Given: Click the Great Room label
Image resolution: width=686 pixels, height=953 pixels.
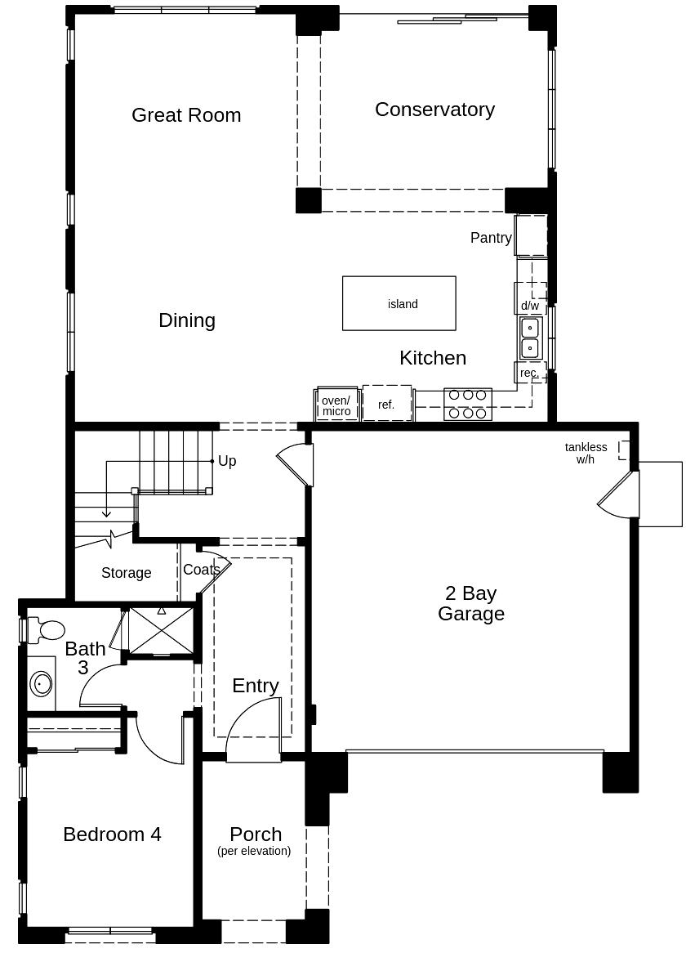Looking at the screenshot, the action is tap(186, 115).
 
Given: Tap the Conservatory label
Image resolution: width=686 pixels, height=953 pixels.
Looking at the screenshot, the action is tap(434, 110).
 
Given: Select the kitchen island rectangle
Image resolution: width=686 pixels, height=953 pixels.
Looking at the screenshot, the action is tap(399, 303).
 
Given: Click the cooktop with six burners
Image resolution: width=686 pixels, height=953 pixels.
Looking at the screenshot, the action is tap(467, 405).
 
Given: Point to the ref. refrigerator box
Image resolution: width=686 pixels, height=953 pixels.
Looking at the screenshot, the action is tap(387, 403).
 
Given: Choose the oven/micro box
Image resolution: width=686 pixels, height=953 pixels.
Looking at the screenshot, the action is tap(337, 405).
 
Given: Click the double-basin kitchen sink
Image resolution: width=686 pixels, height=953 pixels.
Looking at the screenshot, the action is tap(530, 338).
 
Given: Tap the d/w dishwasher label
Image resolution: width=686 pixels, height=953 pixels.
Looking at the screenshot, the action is tap(530, 305).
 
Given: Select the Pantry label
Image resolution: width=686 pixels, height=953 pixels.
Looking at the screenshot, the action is tap(491, 238).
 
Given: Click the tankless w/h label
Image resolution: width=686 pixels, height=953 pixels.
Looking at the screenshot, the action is tap(586, 453).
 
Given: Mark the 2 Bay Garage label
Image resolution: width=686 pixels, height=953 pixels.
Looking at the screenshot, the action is tap(471, 603).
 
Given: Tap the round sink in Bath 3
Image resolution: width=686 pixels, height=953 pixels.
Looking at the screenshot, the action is tap(42, 684).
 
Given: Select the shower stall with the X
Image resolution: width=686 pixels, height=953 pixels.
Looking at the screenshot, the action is tap(162, 630).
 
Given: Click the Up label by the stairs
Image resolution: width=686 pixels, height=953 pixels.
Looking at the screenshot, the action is tap(227, 461).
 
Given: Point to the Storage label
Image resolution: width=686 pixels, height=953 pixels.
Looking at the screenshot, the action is tap(127, 572).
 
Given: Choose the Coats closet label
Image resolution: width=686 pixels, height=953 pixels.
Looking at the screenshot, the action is tap(201, 570).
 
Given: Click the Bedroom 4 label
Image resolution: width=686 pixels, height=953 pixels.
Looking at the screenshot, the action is tap(113, 834).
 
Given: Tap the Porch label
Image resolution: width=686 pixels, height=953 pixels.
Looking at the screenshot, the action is tap(256, 834).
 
